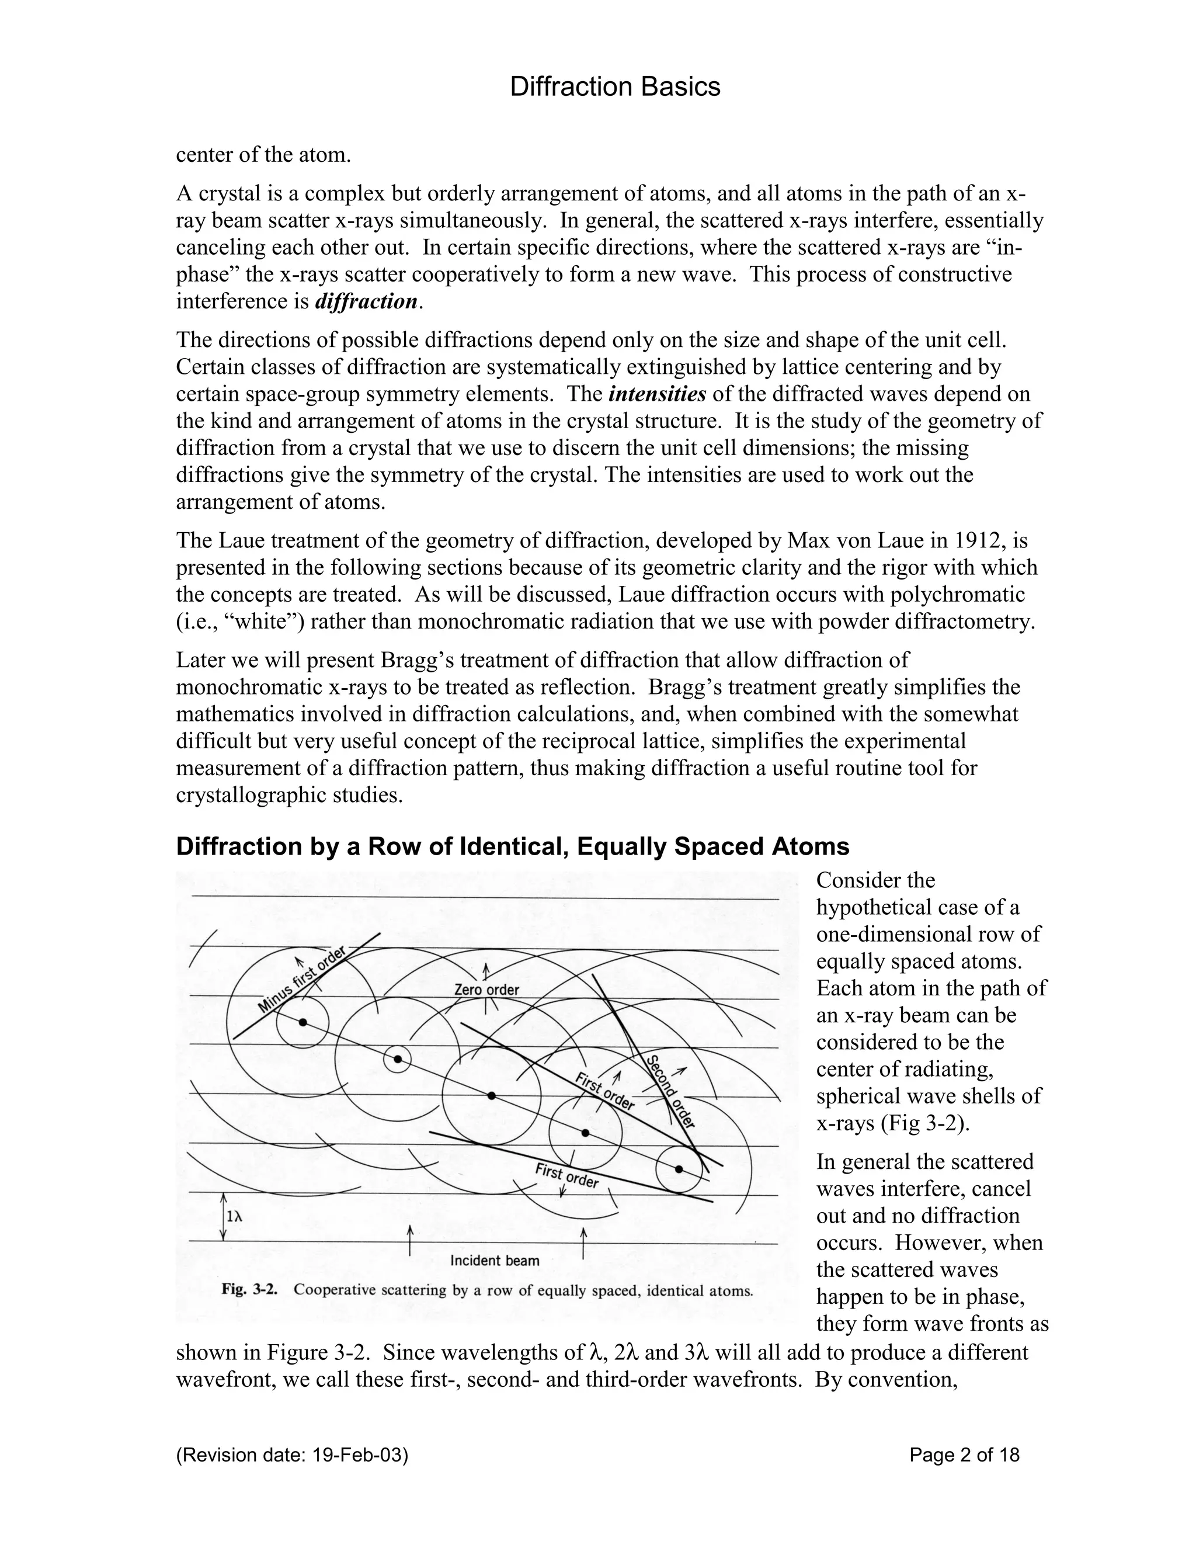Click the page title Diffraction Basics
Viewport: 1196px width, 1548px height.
tap(615, 87)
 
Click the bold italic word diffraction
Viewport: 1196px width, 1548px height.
tap(366, 301)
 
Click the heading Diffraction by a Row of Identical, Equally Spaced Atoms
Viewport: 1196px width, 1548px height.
tap(512, 846)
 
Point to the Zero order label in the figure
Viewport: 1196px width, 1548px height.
tap(486, 990)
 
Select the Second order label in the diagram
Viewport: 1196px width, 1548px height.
tap(670, 1091)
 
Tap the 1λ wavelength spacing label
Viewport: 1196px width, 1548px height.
tap(234, 1216)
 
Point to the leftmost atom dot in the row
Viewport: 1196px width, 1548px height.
tap(303, 1022)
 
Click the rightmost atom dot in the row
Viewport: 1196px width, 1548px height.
tap(679, 1169)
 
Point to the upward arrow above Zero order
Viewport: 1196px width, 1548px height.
tap(486, 971)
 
